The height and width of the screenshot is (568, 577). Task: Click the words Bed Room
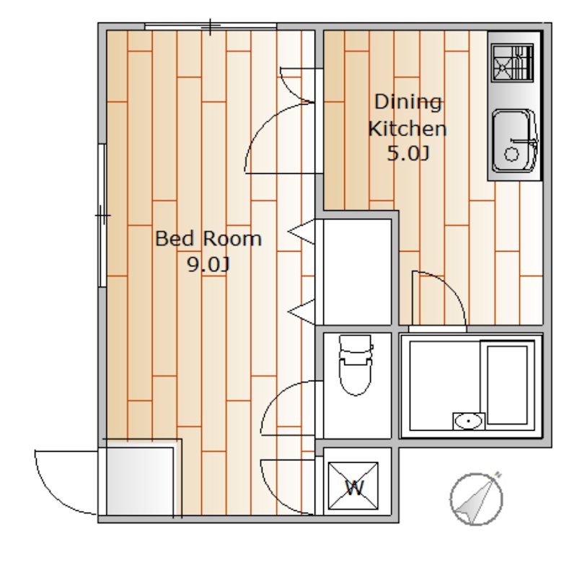(x=208, y=239)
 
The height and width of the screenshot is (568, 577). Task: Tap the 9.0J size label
(x=208, y=264)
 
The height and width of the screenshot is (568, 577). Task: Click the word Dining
(x=408, y=102)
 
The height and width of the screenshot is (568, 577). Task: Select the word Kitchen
(x=408, y=128)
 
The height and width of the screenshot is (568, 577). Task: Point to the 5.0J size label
(x=408, y=153)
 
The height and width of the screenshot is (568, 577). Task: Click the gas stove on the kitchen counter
(x=512, y=63)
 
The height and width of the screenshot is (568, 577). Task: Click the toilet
(x=356, y=365)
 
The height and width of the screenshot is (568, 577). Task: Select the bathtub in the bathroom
(x=508, y=385)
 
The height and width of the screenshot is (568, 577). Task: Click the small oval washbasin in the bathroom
(x=468, y=421)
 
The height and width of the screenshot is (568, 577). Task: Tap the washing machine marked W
(x=353, y=486)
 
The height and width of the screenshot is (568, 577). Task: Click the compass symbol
(x=477, y=499)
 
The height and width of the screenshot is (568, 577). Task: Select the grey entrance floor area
(x=140, y=481)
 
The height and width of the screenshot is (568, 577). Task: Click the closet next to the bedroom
(x=357, y=271)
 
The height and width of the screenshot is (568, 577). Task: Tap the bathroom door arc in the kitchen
(x=439, y=299)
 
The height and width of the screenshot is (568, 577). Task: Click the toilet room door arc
(x=288, y=408)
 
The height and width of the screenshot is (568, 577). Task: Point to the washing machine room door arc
(x=288, y=486)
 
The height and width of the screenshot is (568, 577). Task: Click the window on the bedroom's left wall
(x=102, y=215)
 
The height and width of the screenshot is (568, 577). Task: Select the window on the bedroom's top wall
(x=211, y=26)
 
